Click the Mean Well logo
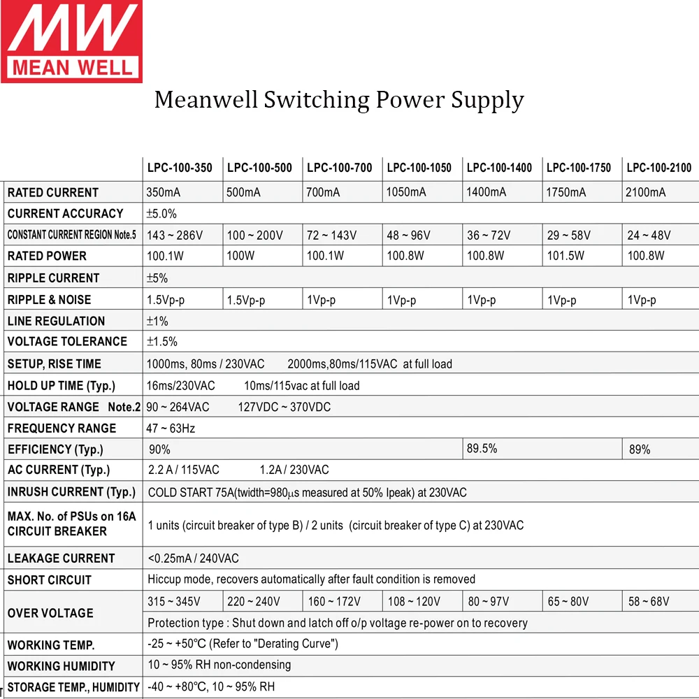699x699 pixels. [x=71, y=41]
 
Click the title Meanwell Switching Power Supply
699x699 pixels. [x=339, y=100]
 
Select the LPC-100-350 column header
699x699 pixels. [x=180, y=168]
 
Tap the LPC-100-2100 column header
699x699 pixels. [x=658, y=168]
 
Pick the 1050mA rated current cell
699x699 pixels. [x=406, y=192]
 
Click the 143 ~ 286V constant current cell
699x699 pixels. [x=174, y=235]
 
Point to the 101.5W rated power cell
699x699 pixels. [x=565, y=256]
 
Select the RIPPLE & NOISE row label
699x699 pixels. [x=49, y=300]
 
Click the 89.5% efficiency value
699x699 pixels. [x=482, y=449]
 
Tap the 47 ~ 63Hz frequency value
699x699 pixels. [x=171, y=428]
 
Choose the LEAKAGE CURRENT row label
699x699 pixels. [x=61, y=559]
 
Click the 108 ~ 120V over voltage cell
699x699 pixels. [x=414, y=601]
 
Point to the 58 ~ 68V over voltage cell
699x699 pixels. [x=649, y=601]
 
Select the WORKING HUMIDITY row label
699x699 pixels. [x=61, y=666]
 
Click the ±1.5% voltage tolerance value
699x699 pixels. [x=161, y=342]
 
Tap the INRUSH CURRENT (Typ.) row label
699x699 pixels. [x=71, y=492]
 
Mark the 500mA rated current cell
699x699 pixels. [x=243, y=192]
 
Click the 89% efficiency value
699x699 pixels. [x=640, y=449]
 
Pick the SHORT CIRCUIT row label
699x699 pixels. [x=49, y=580]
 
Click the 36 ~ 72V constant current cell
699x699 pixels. [x=489, y=235]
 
